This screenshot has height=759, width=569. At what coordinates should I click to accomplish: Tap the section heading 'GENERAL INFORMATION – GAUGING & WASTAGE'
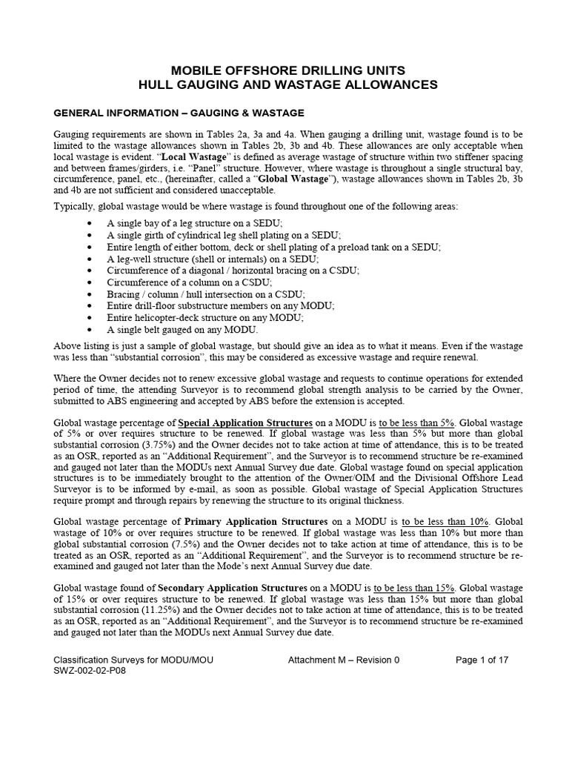[x=179, y=113]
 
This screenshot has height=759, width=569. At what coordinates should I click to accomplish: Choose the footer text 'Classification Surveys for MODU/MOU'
[x=134, y=659]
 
